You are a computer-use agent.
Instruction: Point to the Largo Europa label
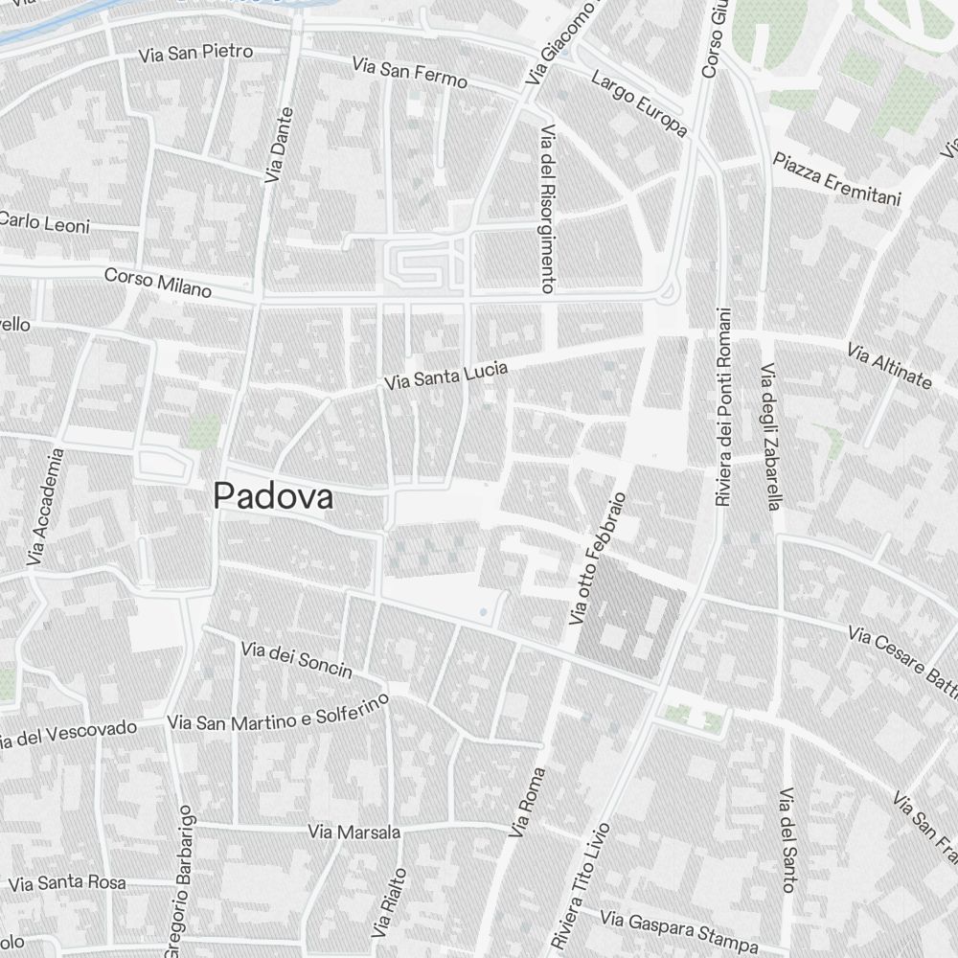pyautogui.click(x=639, y=103)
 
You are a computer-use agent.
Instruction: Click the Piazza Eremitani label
pyautogui.click(x=837, y=179)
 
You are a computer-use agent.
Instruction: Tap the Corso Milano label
pyautogui.click(x=158, y=282)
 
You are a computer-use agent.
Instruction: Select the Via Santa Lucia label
pyautogui.click(x=445, y=376)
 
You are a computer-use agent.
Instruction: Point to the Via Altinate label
pyautogui.click(x=889, y=366)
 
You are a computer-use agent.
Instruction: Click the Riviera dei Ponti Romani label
pyautogui.click(x=723, y=406)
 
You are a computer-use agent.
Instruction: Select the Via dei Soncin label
pyautogui.click(x=297, y=659)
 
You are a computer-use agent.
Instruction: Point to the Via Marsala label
pyautogui.click(x=354, y=832)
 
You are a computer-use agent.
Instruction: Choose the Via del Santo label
pyautogui.click(x=787, y=839)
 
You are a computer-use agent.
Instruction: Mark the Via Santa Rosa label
pyautogui.click(x=66, y=882)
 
